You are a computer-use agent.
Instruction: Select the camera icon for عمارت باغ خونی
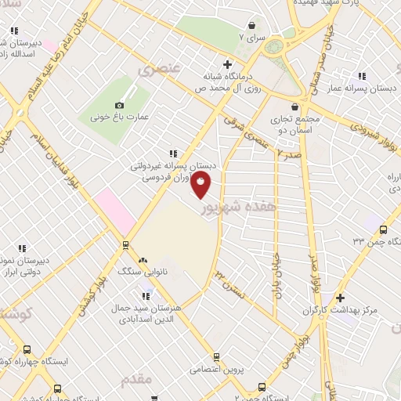120,105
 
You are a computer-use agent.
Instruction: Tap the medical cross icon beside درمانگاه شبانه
227,64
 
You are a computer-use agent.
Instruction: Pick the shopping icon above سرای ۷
251,25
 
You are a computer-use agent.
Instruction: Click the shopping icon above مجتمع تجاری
294,107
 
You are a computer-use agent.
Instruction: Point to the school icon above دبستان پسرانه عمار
362,76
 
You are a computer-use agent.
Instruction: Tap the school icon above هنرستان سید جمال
146,295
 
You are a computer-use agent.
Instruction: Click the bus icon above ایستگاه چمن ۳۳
383,229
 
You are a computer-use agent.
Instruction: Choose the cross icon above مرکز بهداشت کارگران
340,298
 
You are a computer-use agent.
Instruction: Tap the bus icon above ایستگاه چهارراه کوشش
27,350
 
